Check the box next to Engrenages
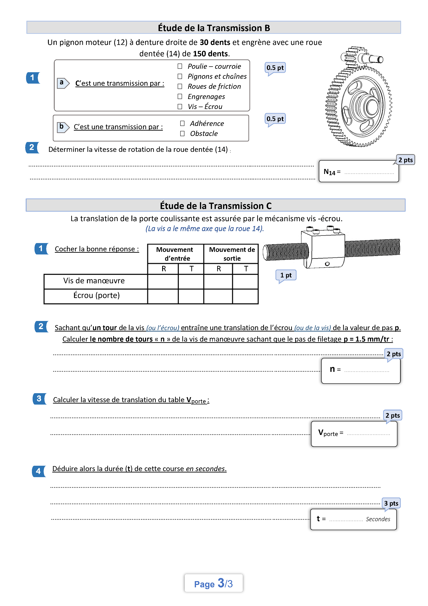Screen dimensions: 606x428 coord(180,97)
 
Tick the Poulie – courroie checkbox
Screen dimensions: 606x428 coord(180,66)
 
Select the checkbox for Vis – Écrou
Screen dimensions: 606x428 coord(180,107)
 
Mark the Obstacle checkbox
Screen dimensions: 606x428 coord(182,134)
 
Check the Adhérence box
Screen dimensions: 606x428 coord(182,124)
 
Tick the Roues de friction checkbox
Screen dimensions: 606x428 coord(180,87)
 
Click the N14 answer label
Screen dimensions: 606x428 coord(329,172)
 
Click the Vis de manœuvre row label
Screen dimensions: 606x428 coord(94,281)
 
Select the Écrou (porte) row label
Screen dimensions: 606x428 coord(96,295)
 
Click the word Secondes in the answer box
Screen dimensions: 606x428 coord(378,519)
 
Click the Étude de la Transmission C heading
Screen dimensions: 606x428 coord(216,206)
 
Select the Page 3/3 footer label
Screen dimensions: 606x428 coord(213,584)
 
